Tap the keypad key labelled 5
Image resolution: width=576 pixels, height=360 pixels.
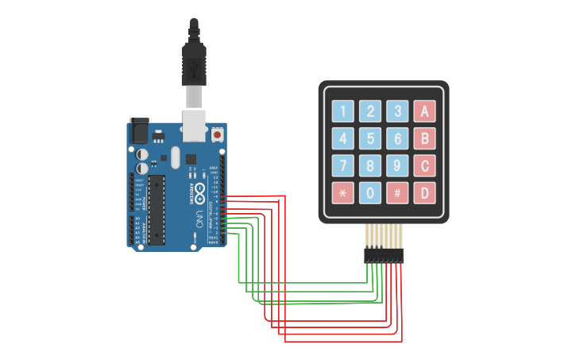[370, 139]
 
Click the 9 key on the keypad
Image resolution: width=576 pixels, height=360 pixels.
[397, 166]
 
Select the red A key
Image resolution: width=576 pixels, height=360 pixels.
[425, 112]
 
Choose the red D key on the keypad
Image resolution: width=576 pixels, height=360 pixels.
[425, 193]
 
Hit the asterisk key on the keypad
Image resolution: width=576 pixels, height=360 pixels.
[342, 193]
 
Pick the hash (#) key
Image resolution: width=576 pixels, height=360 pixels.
[397, 193]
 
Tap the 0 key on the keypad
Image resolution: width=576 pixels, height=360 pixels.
[370, 193]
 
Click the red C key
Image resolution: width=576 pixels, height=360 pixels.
[425, 166]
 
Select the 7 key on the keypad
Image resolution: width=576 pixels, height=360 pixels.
[342, 166]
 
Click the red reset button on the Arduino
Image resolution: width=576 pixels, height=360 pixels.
[217, 135]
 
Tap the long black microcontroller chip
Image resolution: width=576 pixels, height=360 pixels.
[157, 208]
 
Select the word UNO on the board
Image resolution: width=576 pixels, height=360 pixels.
[199, 217]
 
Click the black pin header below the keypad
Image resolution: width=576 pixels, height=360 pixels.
[384, 255]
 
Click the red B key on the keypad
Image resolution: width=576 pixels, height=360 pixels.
[425, 139]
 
